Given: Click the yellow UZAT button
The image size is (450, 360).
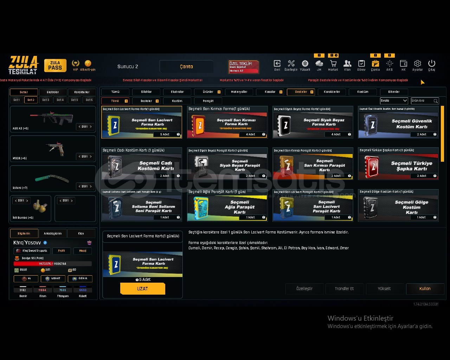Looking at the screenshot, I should [x=142, y=289].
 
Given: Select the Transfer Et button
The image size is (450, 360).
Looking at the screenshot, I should [x=344, y=289].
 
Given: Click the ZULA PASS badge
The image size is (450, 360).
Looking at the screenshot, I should [x=55, y=65].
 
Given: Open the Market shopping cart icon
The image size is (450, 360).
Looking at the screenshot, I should [x=333, y=64].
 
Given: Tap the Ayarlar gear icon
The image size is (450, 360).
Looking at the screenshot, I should [x=417, y=64].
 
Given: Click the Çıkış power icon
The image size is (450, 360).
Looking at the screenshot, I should [x=432, y=64].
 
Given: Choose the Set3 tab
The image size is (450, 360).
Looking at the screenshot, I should [x=46, y=100].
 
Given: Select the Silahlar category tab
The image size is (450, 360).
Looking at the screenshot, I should [x=146, y=92].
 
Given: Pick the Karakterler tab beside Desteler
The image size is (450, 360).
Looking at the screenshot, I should [x=332, y=92].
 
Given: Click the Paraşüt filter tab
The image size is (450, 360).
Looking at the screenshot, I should [x=208, y=101].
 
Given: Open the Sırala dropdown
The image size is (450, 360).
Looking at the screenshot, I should [x=394, y=101].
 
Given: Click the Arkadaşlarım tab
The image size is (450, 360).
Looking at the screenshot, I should [x=53, y=233].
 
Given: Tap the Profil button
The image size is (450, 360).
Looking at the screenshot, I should [x=62, y=251].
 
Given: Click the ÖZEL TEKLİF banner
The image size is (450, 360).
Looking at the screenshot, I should [x=244, y=66].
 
